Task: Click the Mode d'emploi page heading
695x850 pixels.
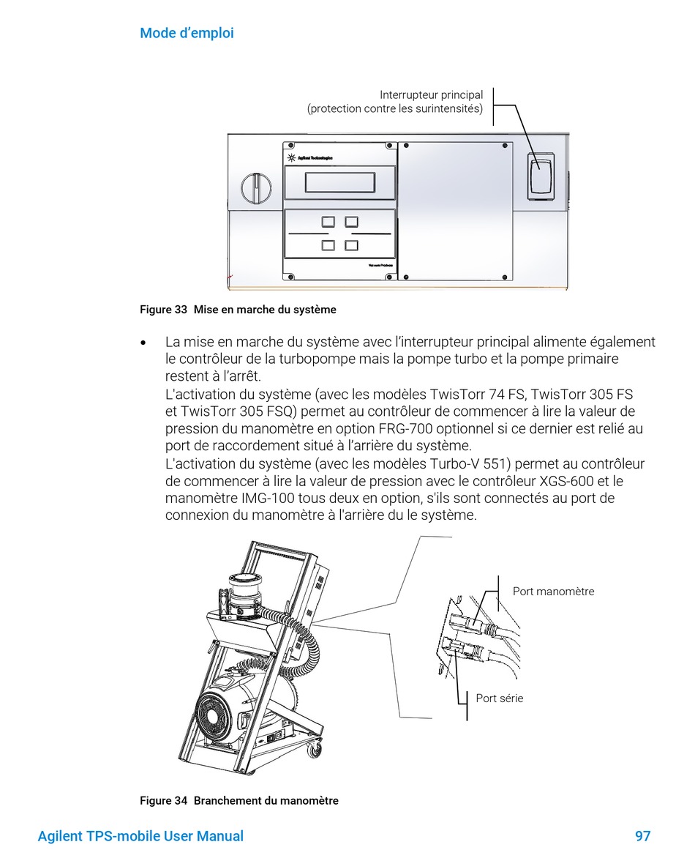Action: click(x=187, y=33)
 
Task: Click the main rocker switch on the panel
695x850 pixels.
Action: click(x=541, y=176)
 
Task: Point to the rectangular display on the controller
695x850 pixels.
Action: click(x=340, y=182)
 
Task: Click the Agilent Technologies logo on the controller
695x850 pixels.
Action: click(x=312, y=157)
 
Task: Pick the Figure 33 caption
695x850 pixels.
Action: click(x=238, y=310)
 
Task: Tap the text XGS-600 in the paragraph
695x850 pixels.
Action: click(x=568, y=481)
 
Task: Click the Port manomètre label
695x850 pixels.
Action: click(x=553, y=592)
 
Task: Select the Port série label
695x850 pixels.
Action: click(x=500, y=698)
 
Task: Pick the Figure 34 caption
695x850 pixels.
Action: click(x=239, y=801)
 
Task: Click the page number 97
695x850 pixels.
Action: click(x=642, y=836)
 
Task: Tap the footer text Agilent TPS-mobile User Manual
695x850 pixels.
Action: click(x=140, y=836)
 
